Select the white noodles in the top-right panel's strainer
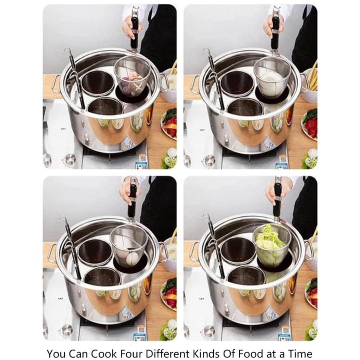[x=272, y=80]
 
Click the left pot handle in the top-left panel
[x=56, y=84]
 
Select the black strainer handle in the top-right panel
[x=275, y=35]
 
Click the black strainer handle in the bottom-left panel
[x=132, y=203]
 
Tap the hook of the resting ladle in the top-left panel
[x=67, y=50]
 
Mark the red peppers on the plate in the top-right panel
[x=312, y=128]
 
